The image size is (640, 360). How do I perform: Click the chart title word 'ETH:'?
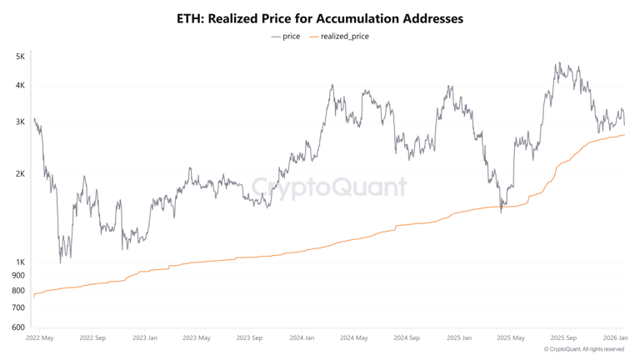coord(195,17)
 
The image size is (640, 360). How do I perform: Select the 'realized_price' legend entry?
coord(344,37)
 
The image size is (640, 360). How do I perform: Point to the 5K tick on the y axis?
coord(19,57)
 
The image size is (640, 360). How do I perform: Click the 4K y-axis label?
coord(19,85)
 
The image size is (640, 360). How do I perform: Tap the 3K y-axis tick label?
coord(19,122)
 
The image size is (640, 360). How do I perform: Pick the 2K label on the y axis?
coord(19,174)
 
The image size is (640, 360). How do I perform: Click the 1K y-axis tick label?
coord(19,262)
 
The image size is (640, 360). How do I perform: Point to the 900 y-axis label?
coord(18,276)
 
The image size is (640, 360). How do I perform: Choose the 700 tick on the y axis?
coord(18,308)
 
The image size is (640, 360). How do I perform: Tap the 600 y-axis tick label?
coord(18,327)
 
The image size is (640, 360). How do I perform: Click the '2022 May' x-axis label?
coord(39,338)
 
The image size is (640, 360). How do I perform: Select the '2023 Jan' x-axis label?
coord(144,338)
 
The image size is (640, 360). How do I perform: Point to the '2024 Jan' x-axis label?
coord(302,338)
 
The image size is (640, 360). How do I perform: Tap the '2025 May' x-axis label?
coord(511,338)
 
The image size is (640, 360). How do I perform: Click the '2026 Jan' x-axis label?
coord(615,338)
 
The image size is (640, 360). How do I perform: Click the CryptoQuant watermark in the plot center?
coord(329,187)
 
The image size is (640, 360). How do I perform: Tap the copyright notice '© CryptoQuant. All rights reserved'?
coord(583,350)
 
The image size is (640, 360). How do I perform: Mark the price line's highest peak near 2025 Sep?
coord(559,63)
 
